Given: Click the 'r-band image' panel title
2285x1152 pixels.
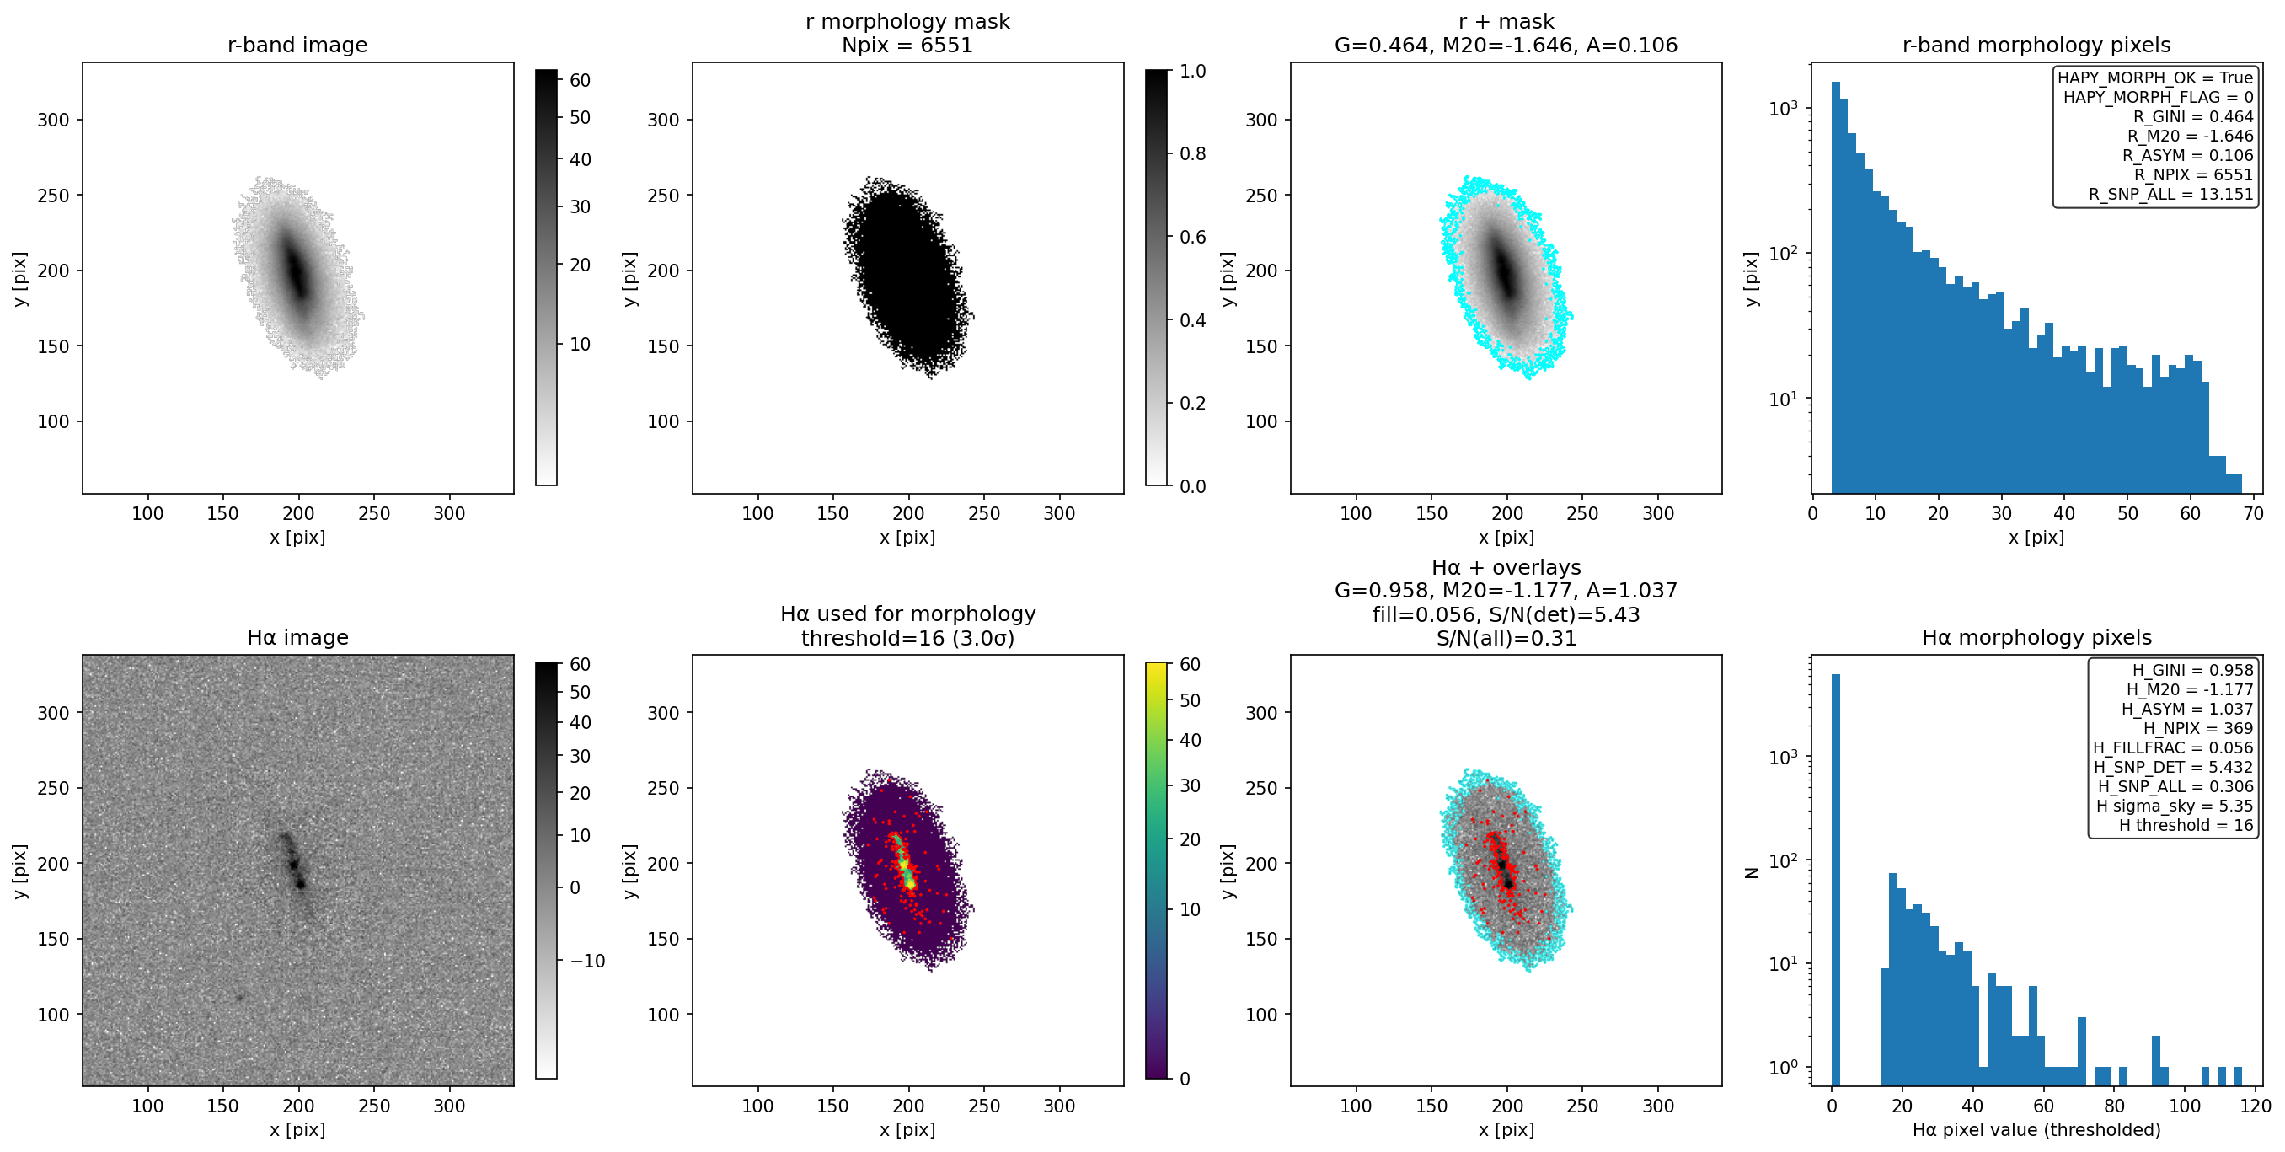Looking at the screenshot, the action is [297, 46].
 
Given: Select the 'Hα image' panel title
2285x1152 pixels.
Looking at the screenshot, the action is [297, 637].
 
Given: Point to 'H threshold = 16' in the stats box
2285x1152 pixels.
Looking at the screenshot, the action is [2186, 825].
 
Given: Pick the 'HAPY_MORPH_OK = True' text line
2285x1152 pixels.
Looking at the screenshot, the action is [2155, 78].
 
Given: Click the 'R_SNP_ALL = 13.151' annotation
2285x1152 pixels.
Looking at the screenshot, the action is [2170, 195].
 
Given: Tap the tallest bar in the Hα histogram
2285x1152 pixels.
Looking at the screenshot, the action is [1835, 879].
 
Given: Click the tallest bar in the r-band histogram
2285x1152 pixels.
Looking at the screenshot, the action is [1835, 287].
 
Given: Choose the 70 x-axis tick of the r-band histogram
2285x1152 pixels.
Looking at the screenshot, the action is [2253, 513].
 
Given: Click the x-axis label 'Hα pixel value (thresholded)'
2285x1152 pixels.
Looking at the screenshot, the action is [2036, 1130].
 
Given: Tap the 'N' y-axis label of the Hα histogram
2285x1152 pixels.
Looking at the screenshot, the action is [1751, 871].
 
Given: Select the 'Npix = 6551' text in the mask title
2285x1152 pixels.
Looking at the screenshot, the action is [907, 46].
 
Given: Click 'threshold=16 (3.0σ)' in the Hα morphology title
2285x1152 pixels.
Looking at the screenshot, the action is [907, 638].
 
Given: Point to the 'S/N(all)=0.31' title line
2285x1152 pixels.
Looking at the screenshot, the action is [1506, 638].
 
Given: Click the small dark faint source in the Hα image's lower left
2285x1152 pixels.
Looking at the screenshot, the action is [239, 998].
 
